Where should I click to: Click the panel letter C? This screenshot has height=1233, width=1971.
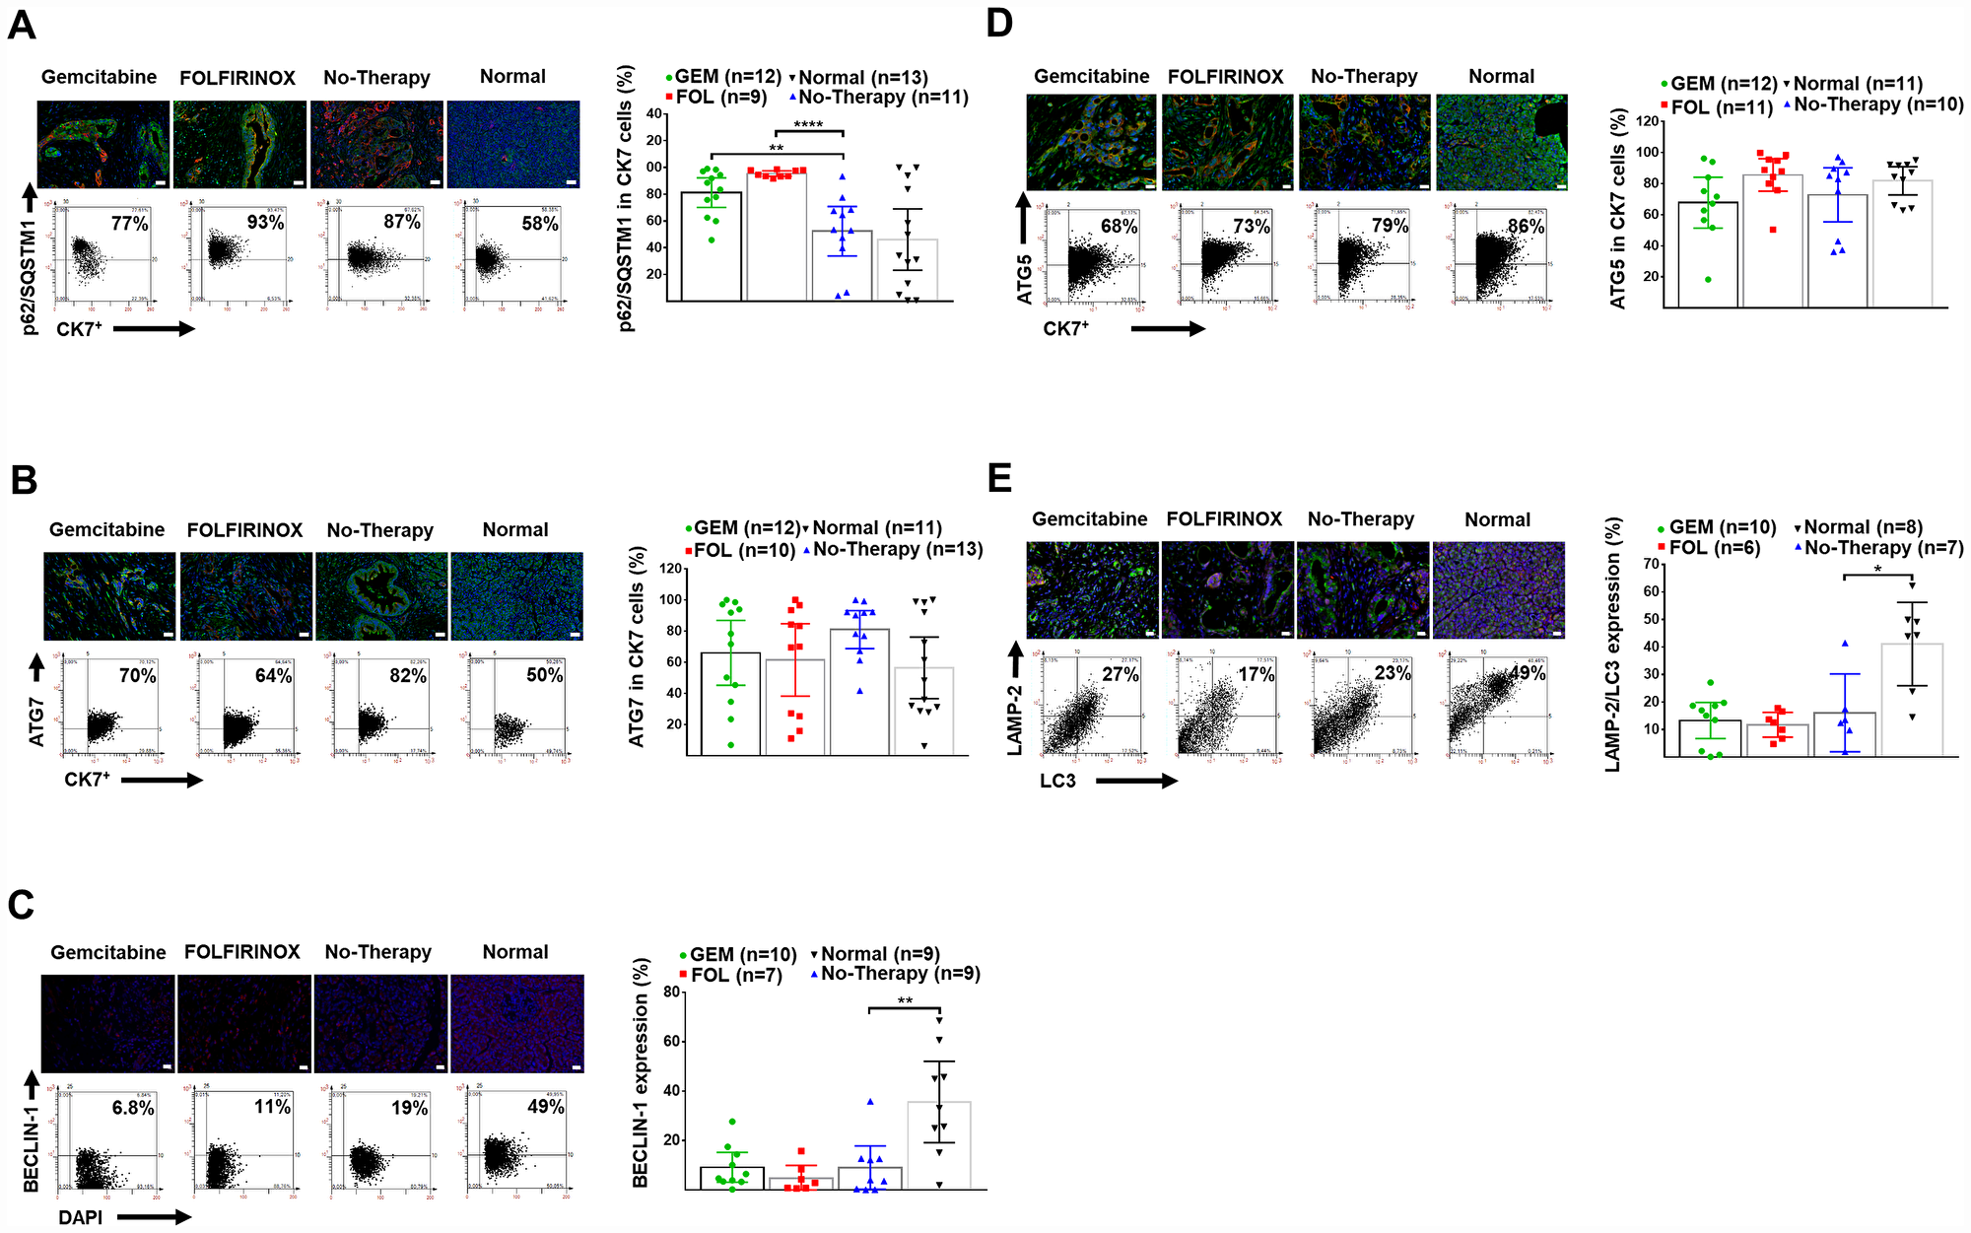click(21, 905)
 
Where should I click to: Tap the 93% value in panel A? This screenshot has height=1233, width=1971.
click(265, 222)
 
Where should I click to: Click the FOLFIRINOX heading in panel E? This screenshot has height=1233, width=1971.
click(1224, 519)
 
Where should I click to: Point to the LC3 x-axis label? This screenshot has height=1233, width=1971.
click(1057, 781)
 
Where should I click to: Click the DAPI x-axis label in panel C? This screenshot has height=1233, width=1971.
click(80, 1217)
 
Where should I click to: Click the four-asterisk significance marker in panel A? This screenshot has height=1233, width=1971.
click(808, 125)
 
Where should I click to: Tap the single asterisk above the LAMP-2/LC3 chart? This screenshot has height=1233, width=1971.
click(1877, 570)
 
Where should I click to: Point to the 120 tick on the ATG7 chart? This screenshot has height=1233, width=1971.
click(671, 569)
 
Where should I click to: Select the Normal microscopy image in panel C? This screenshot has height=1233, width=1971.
click(516, 1023)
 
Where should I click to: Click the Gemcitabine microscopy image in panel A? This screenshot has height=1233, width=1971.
click(104, 143)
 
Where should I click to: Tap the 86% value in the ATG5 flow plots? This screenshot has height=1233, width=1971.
click(1526, 226)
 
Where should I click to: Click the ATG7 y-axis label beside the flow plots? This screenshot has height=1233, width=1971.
click(37, 721)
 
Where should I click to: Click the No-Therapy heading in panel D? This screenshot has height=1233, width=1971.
click(1364, 77)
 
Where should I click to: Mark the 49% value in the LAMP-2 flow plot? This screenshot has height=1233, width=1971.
click(1527, 674)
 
